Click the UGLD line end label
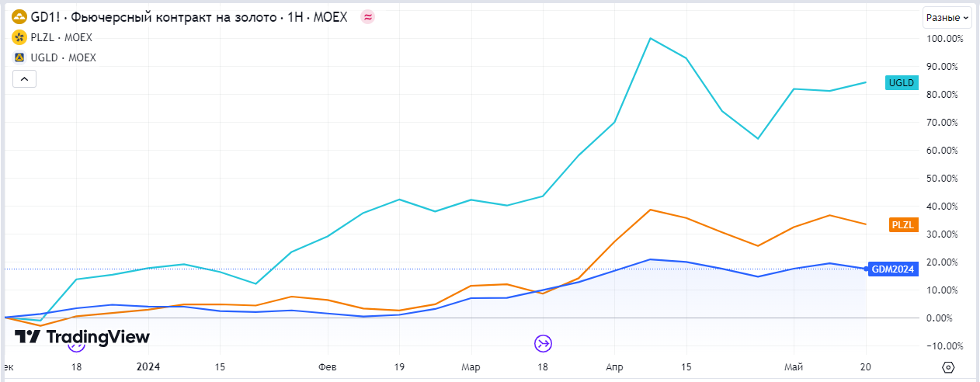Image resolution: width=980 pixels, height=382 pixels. (x=902, y=83)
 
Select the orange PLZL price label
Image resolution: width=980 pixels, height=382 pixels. (x=903, y=225)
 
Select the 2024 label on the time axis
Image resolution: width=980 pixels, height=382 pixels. (x=148, y=366)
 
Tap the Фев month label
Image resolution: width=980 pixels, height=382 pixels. (x=328, y=366)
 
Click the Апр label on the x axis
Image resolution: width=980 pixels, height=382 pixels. (x=613, y=366)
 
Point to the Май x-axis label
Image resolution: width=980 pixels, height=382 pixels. (x=794, y=366)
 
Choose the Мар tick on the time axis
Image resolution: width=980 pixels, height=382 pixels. (x=471, y=366)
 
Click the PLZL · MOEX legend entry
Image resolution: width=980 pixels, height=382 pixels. (x=63, y=37)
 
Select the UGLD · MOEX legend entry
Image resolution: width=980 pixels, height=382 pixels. (x=63, y=57)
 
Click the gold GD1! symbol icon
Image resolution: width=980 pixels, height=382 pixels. (x=19, y=17)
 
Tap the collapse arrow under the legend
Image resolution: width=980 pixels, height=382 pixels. (x=24, y=78)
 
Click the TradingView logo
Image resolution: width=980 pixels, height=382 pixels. (x=82, y=337)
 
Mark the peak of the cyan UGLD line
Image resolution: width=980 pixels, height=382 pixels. (x=650, y=38)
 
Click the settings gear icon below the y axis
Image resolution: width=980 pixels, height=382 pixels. (x=947, y=366)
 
